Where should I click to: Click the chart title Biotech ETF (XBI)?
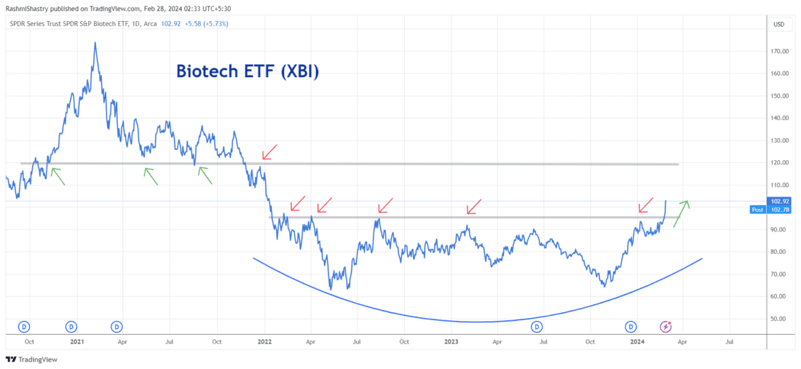(248, 72)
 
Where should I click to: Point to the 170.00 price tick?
(781, 51)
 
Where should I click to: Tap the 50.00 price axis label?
(780, 319)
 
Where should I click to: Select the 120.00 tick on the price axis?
(781, 162)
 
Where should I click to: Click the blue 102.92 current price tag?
(780, 201)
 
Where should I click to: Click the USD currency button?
(779, 25)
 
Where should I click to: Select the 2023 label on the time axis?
(451, 341)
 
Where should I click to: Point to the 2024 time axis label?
(636, 341)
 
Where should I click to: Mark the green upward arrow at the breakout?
(681, 213)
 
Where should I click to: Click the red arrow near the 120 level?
(269, 151)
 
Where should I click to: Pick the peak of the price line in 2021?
(95, 43)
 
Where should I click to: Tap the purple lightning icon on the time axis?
(666, 327)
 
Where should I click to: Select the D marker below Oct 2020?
(24, 327)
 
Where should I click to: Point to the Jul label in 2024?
(730, 341)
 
